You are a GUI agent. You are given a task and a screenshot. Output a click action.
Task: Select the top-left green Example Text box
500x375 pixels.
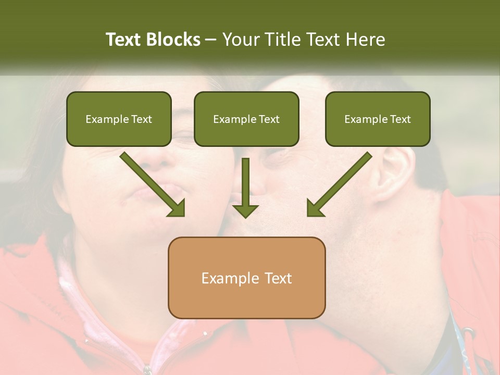(119, 119)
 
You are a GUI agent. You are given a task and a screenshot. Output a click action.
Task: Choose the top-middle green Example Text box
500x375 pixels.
(246, 119)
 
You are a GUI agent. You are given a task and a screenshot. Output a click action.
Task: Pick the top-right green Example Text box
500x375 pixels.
(378, 119)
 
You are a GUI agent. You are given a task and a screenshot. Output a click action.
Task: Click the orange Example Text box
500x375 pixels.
(246, 278)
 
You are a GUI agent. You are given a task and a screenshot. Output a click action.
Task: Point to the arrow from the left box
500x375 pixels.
(153, 184)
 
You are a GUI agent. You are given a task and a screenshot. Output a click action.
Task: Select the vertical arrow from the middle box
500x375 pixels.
(245, 188)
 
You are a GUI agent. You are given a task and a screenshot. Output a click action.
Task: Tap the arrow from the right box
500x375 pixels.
(339, 184)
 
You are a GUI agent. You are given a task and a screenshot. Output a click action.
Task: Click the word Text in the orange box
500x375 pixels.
(278, 278)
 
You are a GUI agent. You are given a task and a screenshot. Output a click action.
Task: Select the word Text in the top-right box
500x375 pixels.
(401, 119)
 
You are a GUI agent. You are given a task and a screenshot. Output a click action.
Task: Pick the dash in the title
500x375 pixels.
(211, 40)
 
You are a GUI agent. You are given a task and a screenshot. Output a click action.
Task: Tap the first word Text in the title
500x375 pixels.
(123, 40)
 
